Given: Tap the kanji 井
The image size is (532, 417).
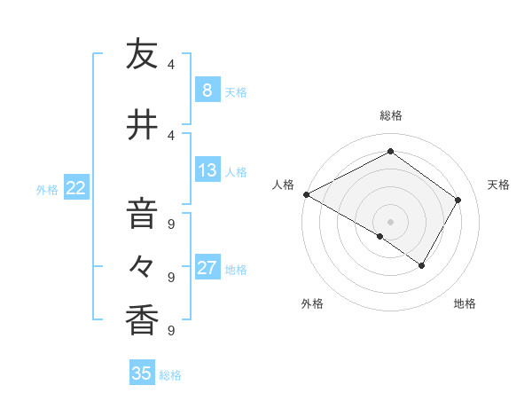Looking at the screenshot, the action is [x=142, y=124].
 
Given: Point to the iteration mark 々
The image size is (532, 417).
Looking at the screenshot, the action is [x=142, y=265].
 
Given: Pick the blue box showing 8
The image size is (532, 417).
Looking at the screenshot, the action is [x=207, y=90].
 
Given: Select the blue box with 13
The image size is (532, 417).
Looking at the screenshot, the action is [x=207, y=170].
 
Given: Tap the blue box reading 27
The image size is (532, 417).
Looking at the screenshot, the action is [x=207, y=268].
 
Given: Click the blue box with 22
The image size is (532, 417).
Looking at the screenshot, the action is [x=75, y=188].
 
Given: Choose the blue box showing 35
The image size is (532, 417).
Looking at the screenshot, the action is [x=142, y=374].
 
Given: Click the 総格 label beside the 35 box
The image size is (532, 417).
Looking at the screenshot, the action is [x=170, y=375].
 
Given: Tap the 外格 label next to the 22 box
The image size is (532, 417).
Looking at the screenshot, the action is [x=47, y=189].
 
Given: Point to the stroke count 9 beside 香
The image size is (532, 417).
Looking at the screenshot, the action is [x=171, y=330].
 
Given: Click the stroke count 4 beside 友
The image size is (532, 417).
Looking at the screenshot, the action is [x=171, y=64].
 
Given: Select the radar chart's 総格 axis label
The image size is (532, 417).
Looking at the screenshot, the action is [x=390, y=115].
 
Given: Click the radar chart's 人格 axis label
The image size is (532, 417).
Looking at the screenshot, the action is [x=284, y=185].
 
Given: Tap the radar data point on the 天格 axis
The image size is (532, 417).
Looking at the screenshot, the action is [x=458, y=200].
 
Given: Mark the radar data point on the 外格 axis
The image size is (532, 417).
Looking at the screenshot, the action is [x=380, y=237].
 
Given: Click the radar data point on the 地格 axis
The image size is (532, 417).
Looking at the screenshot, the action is [x=422, y=265].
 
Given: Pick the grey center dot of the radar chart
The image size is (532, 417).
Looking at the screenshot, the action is [x=390, y=221].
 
